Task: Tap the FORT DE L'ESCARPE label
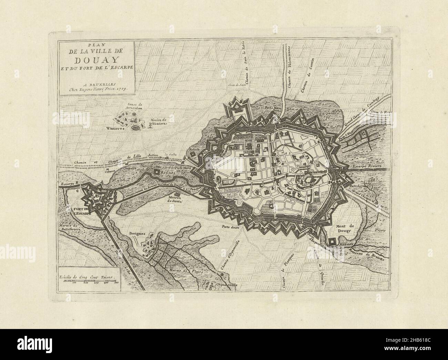[x=81, y=211]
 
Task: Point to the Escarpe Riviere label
[x=368, y=167]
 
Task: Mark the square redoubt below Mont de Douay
[x=333, y=242]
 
